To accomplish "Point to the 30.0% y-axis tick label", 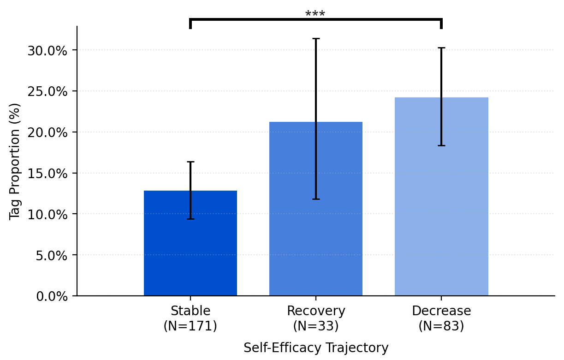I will pos(47,50).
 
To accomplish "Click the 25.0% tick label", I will pos(47,91).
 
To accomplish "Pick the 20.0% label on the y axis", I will pos(47,132).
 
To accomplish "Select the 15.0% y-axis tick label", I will pos(47,174).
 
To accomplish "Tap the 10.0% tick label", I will pos(47,215).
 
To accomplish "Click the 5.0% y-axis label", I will pos(51,255).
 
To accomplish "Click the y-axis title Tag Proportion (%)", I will pos(15,162).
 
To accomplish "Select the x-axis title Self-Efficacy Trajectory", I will pos(315,348).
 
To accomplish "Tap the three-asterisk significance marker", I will pos(315,14).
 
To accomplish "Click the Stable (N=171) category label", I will pos(190,318).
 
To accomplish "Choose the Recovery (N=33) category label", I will pos(315,318).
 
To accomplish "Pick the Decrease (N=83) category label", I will pos(441,318).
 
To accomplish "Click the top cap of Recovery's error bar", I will pos(315,39).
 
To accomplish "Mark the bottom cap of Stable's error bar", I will pos(190,219).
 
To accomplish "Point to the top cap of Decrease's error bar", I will pos(441,48).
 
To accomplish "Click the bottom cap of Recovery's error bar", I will pos(315,199).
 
